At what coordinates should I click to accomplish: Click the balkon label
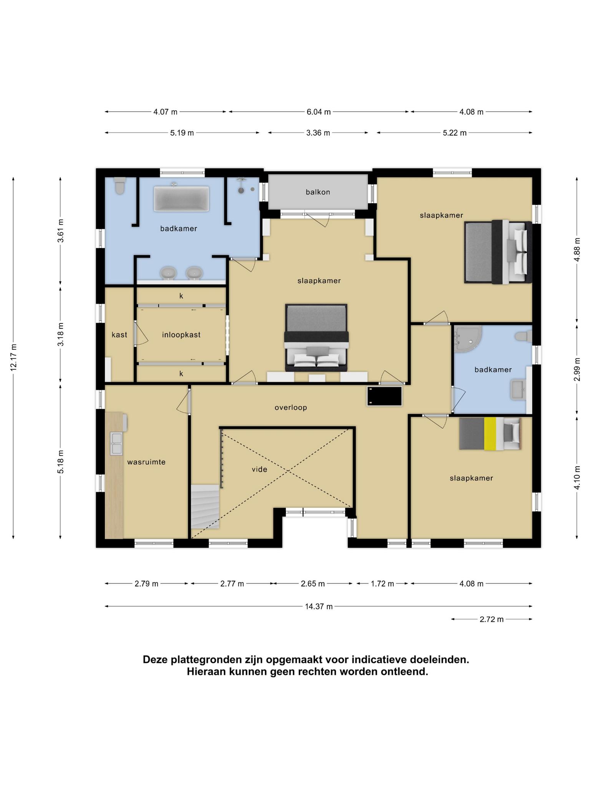318,192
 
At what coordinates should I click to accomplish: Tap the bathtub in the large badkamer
181,198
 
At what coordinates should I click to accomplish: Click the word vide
259,469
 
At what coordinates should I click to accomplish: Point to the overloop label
291,408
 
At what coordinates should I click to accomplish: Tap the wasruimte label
146,462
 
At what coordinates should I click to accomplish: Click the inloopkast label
181,335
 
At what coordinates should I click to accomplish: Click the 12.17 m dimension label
13,357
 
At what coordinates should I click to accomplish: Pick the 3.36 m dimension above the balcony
318,133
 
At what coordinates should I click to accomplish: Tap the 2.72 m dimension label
491,619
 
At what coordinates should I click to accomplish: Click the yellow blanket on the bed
490,434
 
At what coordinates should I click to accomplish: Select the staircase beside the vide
205,507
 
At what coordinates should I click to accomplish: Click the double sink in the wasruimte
116,444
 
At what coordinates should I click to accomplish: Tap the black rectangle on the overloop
384,396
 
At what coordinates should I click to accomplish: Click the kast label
119,335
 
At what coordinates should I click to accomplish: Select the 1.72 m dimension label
382,584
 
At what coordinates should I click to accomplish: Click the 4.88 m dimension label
577,249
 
